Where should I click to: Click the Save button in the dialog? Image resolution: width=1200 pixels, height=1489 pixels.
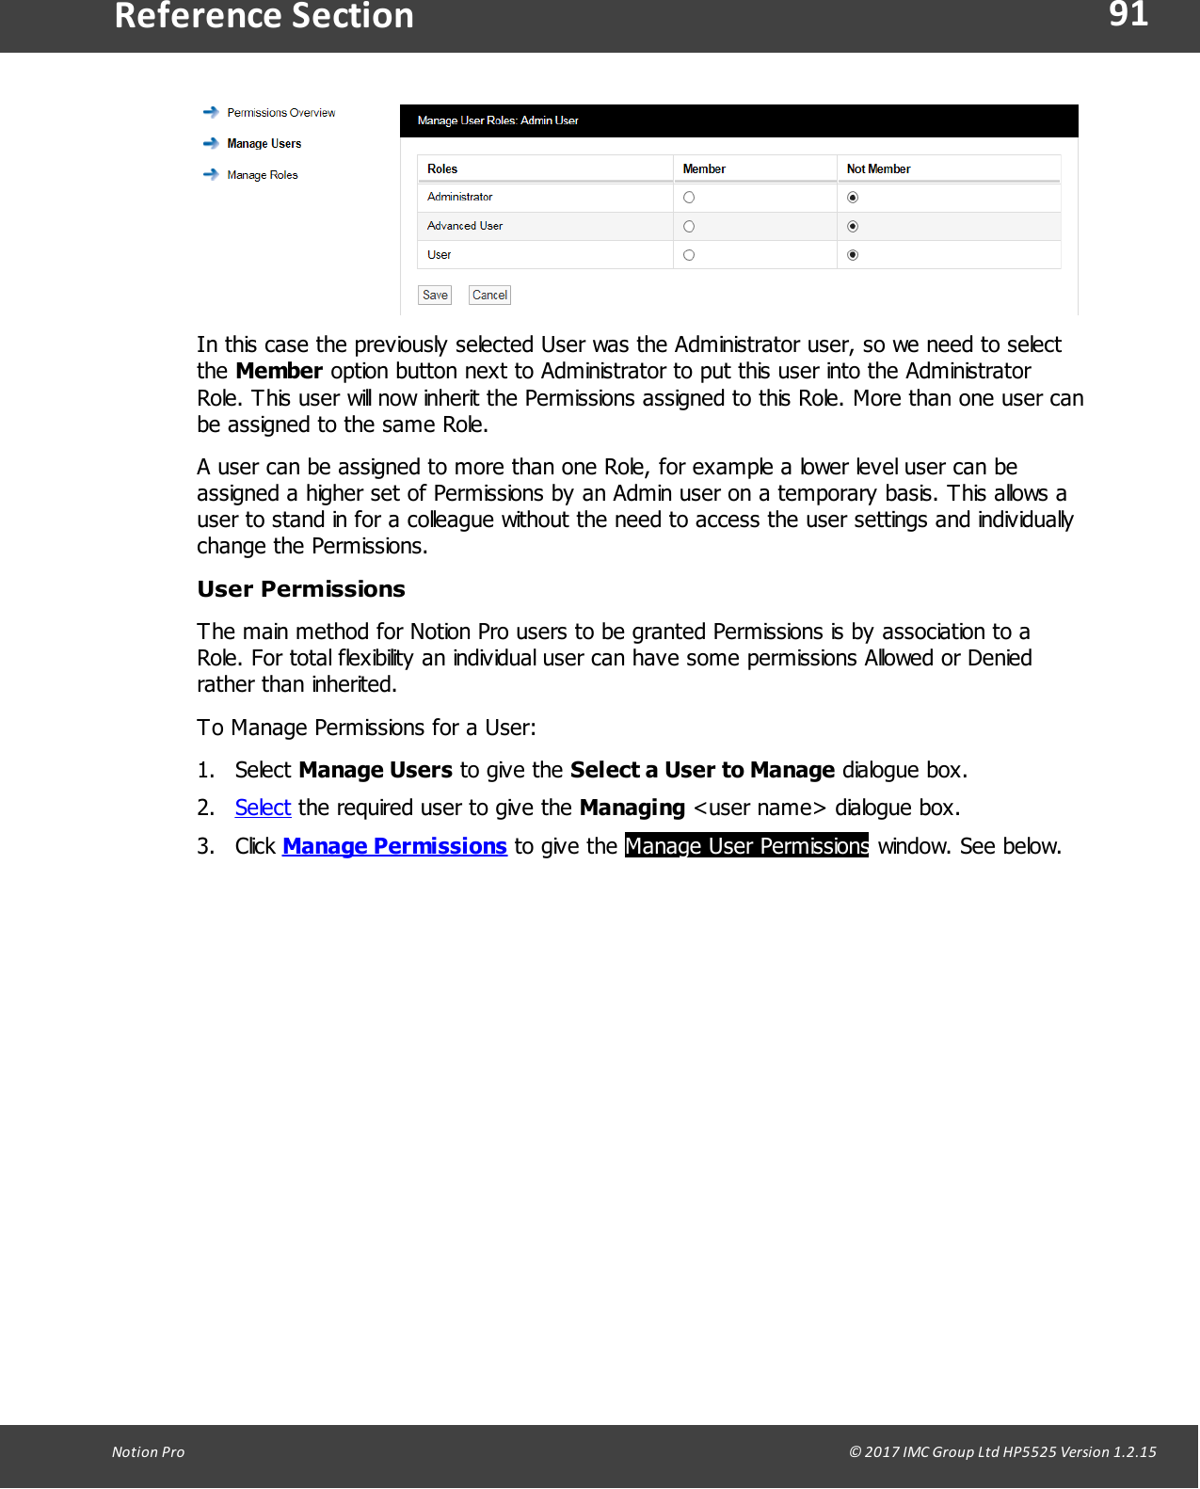pos(435,296)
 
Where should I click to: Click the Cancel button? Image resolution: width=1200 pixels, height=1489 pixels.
pos(489,296)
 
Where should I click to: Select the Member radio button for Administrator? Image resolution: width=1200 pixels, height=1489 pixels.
pos(689,198)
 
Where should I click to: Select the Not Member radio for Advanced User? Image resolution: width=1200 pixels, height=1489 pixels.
pos(853,227)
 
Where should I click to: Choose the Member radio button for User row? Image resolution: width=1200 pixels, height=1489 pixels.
pos(689,255)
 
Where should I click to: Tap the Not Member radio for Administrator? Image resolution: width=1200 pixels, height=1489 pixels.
pos(853,198)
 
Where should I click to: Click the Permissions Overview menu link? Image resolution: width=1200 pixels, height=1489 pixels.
pos(280,113)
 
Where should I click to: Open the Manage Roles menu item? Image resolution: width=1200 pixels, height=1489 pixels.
pos(262,175)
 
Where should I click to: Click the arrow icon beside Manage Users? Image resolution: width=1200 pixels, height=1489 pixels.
pos(211,144)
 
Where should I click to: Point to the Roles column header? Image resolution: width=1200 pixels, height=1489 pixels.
pos(442,169)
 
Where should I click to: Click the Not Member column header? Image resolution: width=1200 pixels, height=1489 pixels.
pos(878,169)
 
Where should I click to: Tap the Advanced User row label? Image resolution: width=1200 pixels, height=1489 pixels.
pos(465,227)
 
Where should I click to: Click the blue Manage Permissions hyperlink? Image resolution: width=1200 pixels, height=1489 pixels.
pos(394,846)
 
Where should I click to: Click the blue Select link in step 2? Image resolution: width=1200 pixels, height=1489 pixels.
pos(263,808)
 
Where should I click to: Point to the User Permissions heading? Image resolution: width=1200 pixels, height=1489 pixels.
pos(301,589)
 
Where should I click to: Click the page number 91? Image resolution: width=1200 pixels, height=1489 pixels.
pos(1128,15)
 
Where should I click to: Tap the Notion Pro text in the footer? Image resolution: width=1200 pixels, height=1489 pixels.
pos(148,1452)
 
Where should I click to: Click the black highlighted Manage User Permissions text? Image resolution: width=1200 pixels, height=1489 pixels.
pos(746,846)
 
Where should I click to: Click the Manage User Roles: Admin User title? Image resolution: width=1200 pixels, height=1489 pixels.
pos(498,120)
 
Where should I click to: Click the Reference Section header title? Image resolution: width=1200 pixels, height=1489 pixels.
pos(264,17)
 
